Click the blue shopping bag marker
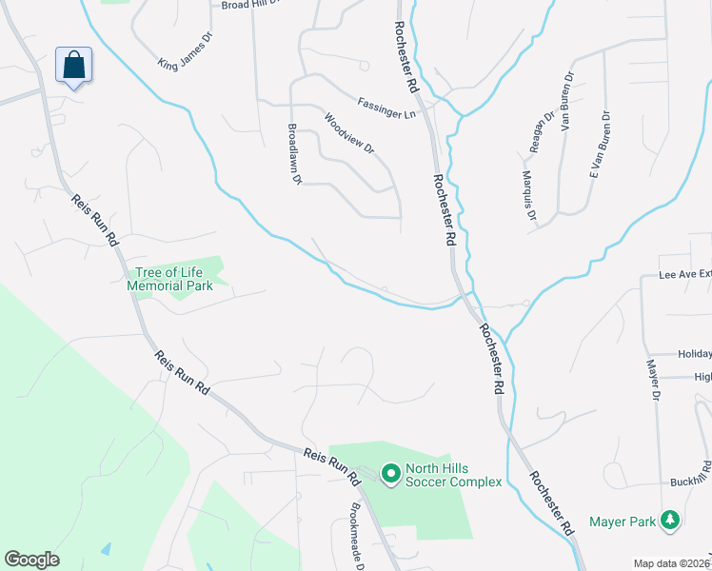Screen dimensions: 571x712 [73, 66]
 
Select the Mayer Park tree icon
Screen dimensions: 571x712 [671, 520]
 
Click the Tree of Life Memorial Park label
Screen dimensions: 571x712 [170, 278]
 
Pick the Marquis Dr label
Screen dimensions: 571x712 [528, 191]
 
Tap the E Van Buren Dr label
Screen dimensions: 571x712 [599, 147]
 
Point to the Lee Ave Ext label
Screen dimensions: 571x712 [685, 274]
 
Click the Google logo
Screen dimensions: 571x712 [31, 559]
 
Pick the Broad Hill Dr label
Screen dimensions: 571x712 [250, 5]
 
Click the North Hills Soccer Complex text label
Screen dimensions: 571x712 [453, 474]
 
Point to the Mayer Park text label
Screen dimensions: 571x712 [623, 521]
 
